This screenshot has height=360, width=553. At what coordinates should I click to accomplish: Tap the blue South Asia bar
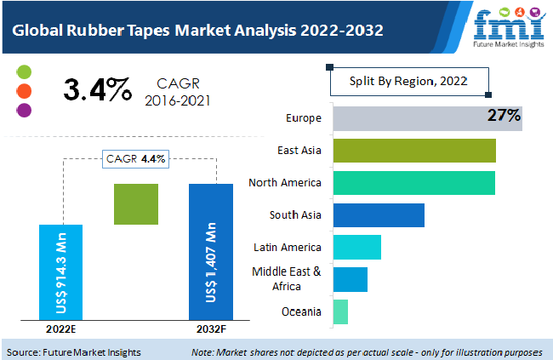click(379, 215)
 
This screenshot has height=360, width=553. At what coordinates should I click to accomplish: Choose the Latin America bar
click(356, 248)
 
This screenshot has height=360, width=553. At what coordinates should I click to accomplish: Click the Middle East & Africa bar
click(350, 279)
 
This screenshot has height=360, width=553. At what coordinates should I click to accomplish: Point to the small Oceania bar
click(340, 311)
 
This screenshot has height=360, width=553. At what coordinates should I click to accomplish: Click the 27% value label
click(504, 116)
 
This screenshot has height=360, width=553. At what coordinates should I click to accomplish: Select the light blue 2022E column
click(60, 270)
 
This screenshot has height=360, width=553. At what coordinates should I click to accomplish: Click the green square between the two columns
click(136, 204)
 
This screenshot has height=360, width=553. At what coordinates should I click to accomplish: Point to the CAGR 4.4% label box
click(136, 158)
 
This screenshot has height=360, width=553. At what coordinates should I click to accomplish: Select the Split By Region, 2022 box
click(409, 82)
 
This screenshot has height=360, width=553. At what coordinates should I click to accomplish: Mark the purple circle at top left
click(24, 110)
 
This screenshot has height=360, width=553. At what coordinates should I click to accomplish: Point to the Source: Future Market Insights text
click(75, 351)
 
